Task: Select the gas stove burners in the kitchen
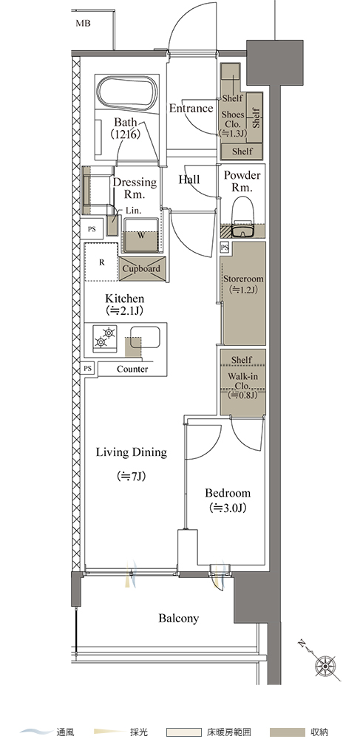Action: coord(105,338)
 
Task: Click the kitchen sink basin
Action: coord(145,336)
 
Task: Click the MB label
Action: coord(83,23)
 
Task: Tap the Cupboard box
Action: coord(141,269)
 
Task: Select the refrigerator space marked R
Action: coord(101,262)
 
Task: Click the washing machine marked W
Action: coord(141,236)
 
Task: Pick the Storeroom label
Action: coord(242,279)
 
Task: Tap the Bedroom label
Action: coord(228,494)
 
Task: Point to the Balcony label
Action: coord(179,619)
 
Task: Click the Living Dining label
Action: coord(132,452)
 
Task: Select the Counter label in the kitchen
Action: coord(132,369)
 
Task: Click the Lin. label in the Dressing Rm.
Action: coord(133,211)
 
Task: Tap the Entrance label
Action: coord(191,109)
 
